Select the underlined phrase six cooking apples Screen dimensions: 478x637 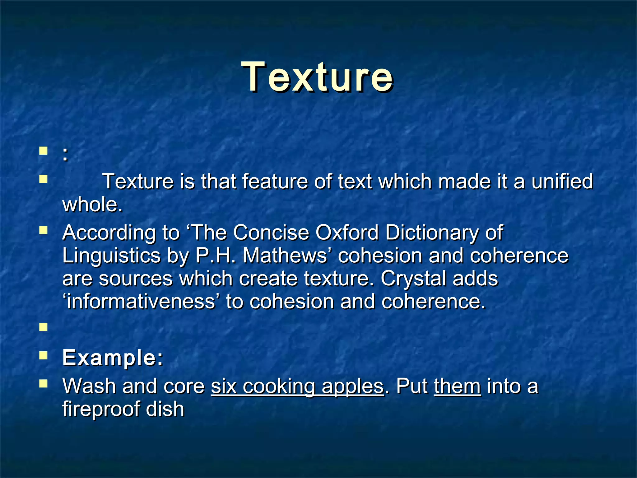point(297,386)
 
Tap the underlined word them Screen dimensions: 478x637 point(457,386)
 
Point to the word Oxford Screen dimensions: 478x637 point(347,232)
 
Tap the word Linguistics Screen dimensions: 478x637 point(111,255)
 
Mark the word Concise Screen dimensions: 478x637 point(271,232)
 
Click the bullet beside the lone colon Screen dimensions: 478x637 point(43,152)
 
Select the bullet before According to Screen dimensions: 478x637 point(43,230)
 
